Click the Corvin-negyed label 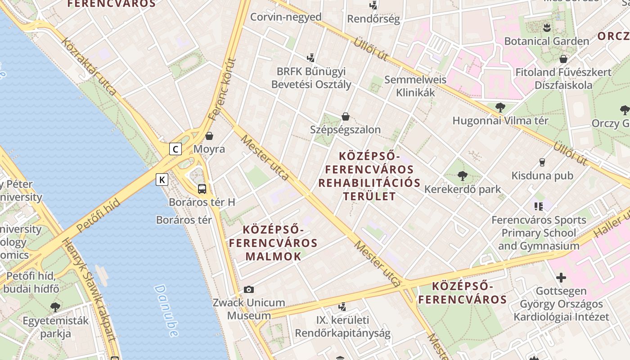point(286,17)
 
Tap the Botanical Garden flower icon point(547,27)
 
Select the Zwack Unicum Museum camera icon point(249,289)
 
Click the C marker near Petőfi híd point(175,149)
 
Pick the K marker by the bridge point(162,180)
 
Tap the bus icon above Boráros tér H point(202,189)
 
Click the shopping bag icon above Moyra point(209,136)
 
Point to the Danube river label point(166,310)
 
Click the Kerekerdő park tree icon point(462,176)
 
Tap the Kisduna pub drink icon point(542,162)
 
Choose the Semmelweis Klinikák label point(415,86)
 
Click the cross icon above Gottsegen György point(561,277)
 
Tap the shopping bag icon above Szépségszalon point(346,117)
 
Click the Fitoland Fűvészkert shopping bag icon point(563,59)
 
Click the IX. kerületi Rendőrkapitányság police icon point(342,307)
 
